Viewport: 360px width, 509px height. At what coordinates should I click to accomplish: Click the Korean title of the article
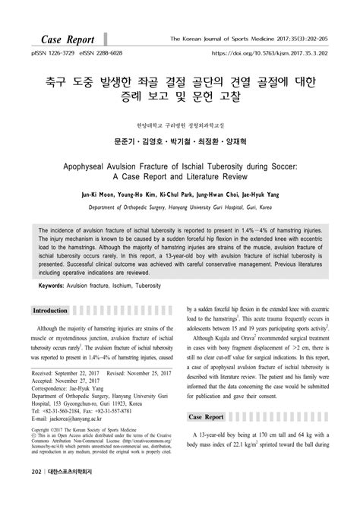click(x=179, y=87)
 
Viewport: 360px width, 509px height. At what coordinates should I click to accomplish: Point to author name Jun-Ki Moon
click(x=104, y=194)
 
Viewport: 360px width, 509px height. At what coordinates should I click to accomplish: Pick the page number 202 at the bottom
click(x=36, y=494)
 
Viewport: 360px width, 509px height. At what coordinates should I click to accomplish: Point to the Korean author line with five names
click(x=179, y=141)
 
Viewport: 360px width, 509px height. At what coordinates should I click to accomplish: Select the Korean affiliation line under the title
click(x=179, y=124)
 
